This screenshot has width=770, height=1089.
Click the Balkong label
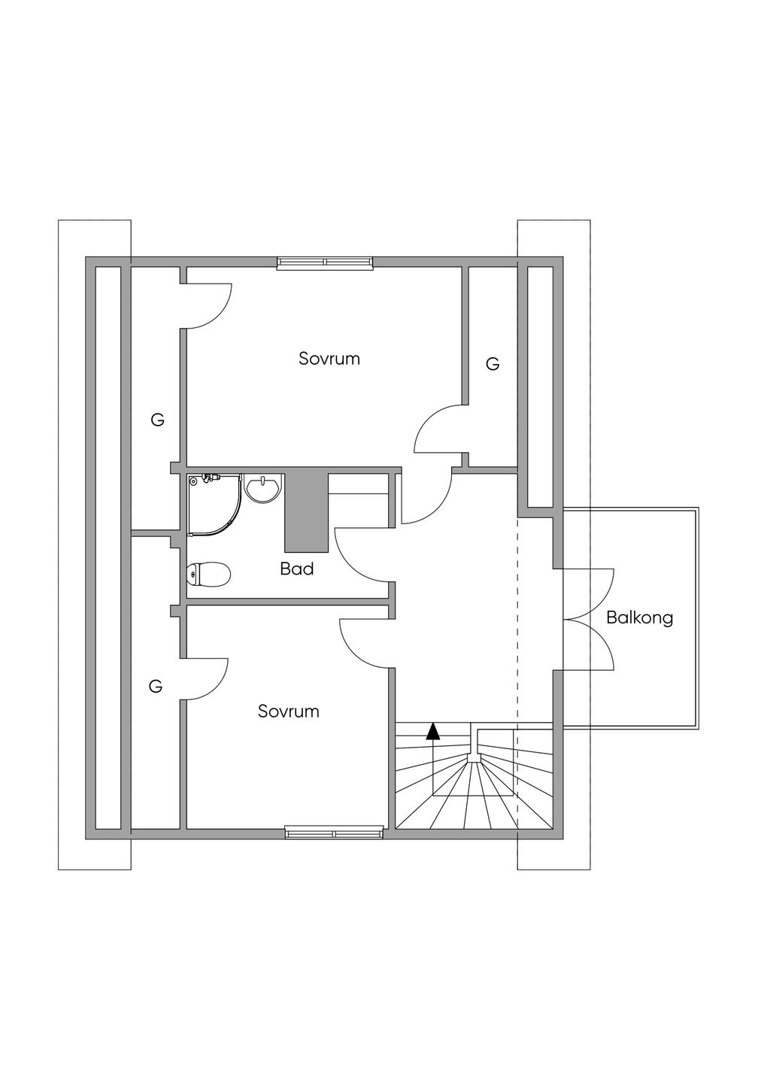(x=639, y=618)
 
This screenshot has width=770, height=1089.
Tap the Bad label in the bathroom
(x=296, y=569)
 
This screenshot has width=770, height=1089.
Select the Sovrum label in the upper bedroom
(x=329, y=359)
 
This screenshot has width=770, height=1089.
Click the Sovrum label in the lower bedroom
(x=288, y=711)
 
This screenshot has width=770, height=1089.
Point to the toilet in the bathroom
(x=208, y=575)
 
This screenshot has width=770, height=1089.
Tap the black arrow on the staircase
(x=432, y=731)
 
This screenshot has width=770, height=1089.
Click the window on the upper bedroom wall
(x=325, y=262)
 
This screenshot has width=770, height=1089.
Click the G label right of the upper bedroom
(x=493, y=365)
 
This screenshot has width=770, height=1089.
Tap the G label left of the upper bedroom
(x=157, y=420)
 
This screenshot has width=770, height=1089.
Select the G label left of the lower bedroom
(x=156, y=686)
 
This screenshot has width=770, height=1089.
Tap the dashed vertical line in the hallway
(x=517, y=617)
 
